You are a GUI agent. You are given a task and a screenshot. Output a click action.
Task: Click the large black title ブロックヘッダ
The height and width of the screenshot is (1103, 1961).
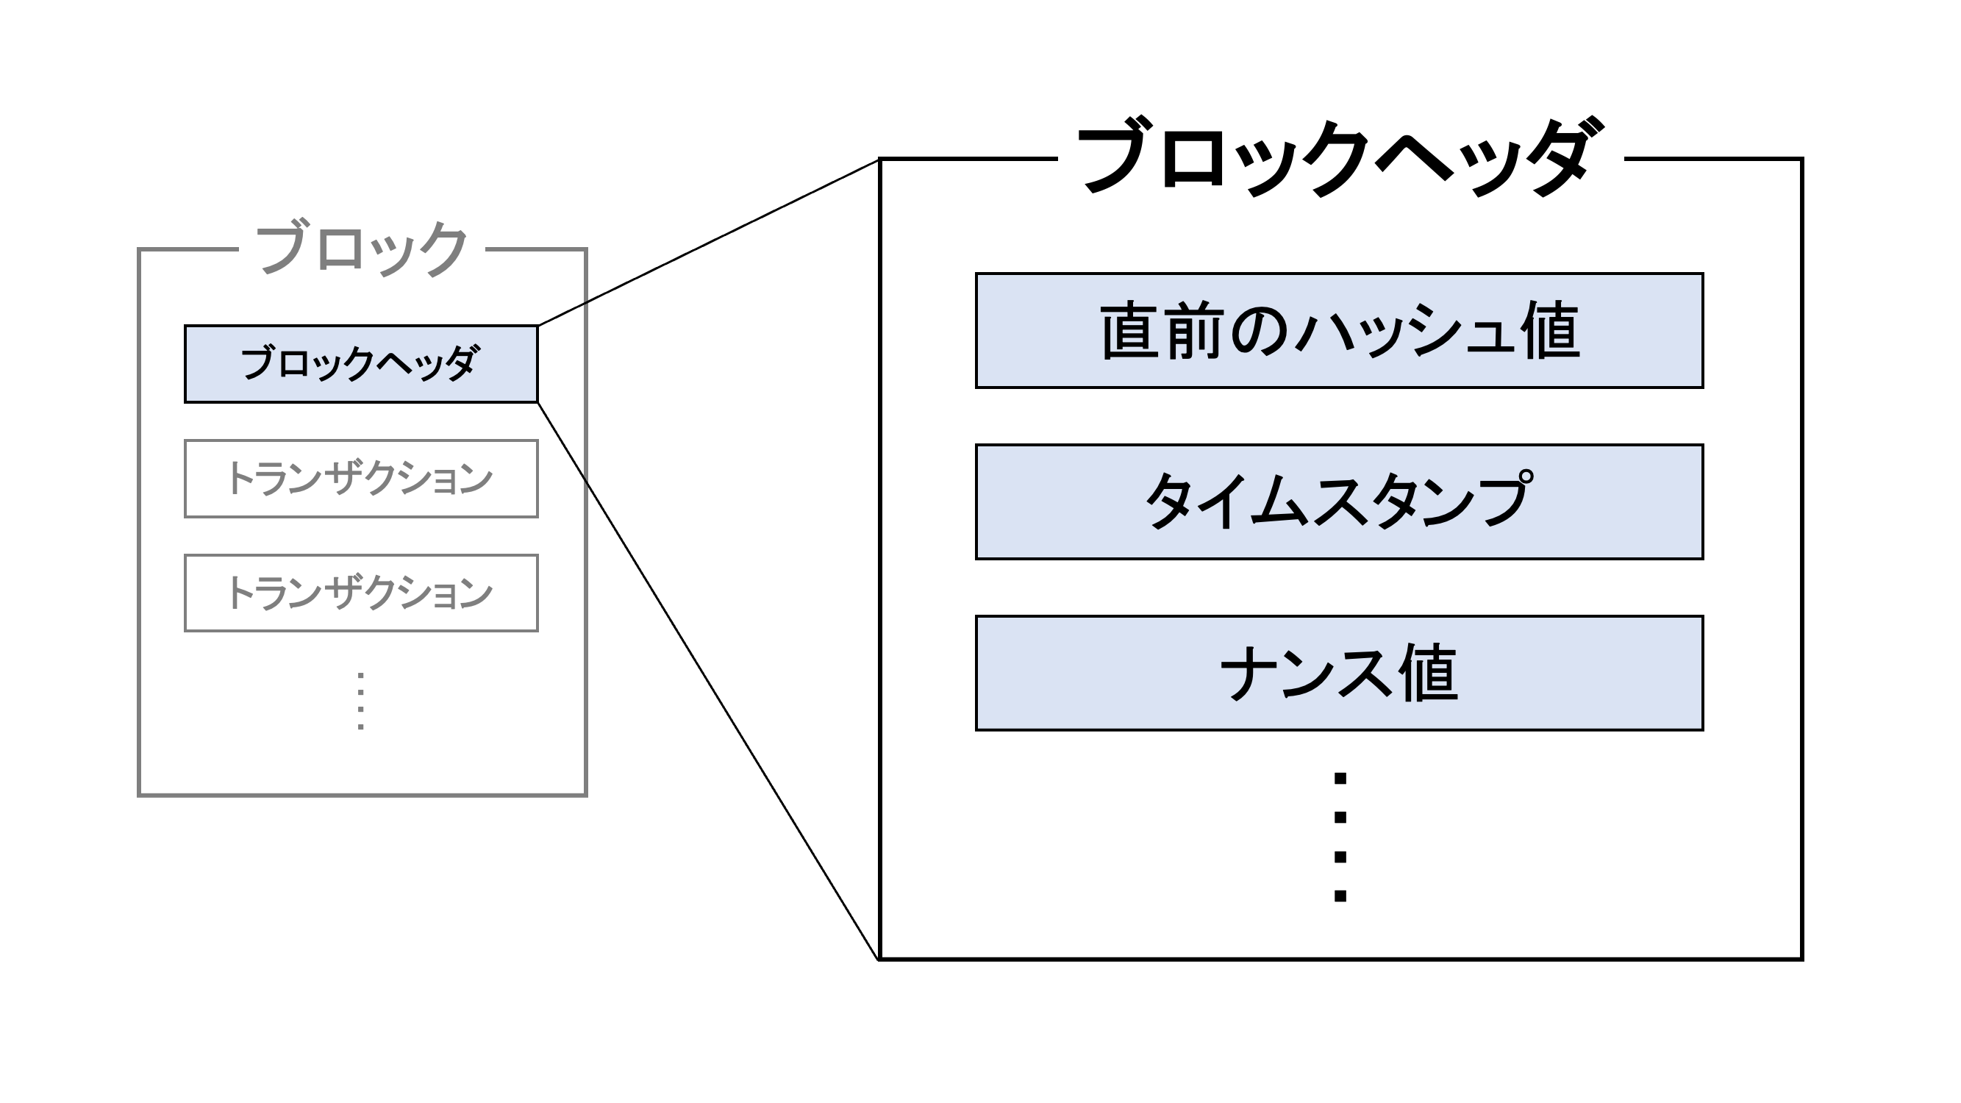1340,158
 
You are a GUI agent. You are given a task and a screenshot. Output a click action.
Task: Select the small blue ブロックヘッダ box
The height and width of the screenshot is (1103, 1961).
361,364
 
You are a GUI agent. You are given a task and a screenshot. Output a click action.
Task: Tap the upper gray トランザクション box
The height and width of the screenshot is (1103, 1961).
361,479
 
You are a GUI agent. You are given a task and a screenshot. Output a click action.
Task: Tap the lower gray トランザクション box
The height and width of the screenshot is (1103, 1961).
361,593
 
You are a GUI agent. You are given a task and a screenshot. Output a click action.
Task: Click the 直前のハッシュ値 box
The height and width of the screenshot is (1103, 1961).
1339,330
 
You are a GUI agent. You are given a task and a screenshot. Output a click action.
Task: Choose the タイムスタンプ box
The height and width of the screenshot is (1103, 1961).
1339,501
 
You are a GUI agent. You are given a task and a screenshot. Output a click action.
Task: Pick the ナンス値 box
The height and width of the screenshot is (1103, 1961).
1339,673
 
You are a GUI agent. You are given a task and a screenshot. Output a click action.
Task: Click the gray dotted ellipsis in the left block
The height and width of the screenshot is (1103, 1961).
361,701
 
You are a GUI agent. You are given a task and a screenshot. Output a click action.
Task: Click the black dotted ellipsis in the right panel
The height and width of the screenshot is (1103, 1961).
1340,837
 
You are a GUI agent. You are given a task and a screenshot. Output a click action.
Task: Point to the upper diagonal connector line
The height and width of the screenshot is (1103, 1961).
708,243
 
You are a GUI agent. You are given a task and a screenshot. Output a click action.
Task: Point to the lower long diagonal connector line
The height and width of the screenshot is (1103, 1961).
708,682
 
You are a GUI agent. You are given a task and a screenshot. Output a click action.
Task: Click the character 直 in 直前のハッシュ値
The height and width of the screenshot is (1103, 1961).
1129,331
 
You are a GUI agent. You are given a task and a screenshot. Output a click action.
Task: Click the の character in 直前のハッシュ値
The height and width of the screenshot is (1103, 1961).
1260,332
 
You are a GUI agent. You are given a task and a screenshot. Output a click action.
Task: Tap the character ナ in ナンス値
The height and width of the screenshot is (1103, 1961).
1249,674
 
